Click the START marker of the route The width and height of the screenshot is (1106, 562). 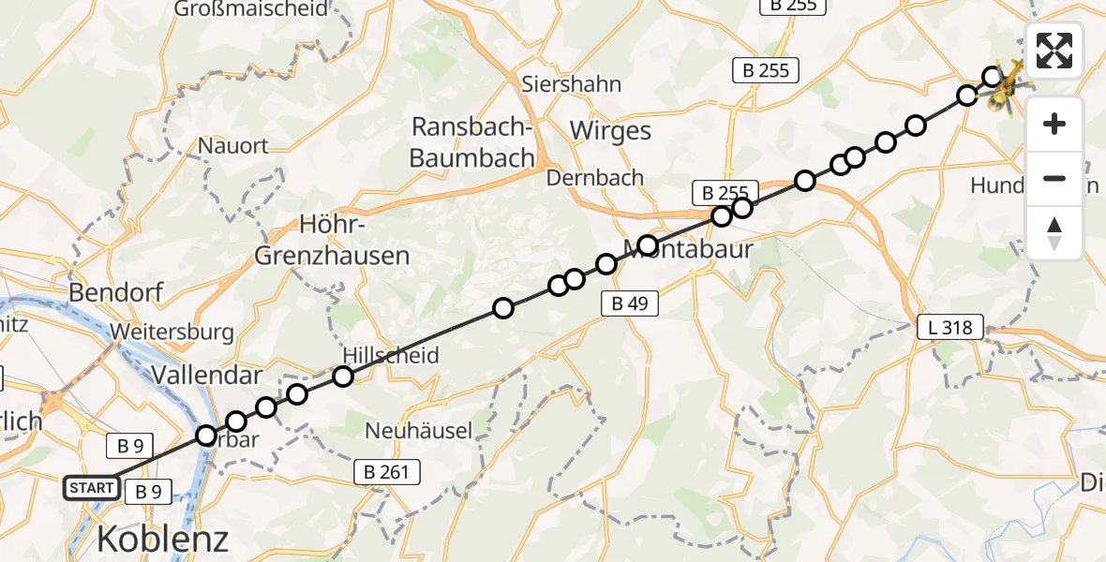[x=92, y=488]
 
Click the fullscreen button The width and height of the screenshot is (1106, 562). [x=1054, y=51]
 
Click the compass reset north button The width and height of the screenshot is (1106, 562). [x=1054, y=232]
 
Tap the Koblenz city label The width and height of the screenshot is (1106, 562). [x=163, y=539]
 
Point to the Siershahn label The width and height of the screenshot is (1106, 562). [x=572, y=84]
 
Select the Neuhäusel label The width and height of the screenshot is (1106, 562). [x=418, y=430]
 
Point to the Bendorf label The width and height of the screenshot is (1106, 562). [x=115, y=292]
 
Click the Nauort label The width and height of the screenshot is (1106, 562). [x=233, y=146]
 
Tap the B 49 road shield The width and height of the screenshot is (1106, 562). [x=629, y=303]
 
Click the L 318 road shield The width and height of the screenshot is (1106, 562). [x=950, y=327]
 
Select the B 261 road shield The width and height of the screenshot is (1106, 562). [x=386, y=472]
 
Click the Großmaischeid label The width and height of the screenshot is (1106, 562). [x=252, y=9]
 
